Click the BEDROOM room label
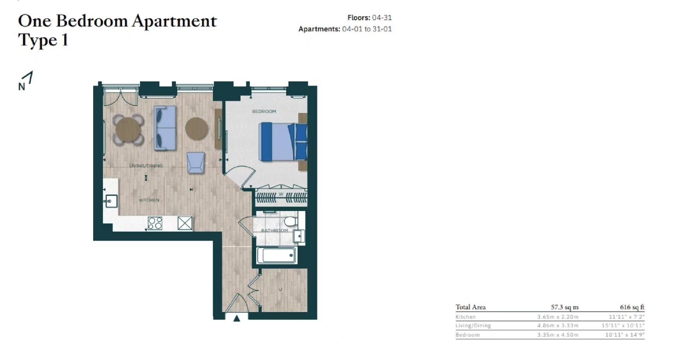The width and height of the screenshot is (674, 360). pos(264,111)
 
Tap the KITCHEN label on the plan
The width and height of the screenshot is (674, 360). pos(149,200)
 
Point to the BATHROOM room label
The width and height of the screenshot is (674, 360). pos(275,230)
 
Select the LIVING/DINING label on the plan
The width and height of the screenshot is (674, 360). pos(146,165)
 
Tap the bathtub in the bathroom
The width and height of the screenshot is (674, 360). pos(276,255)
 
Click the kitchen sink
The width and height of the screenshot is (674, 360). pos(111,201)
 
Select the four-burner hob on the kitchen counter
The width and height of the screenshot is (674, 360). pos(155,223)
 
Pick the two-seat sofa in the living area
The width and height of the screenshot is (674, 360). pos(165,128)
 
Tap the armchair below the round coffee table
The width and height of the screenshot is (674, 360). pos(196,162)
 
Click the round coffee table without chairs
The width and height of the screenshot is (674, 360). pos(197,129)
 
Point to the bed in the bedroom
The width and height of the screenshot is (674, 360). pos(283,142)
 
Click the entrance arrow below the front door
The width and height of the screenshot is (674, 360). pos(237,318)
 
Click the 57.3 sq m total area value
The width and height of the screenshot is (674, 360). pos(565,307)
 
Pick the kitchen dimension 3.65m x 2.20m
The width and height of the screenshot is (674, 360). pos(558,317)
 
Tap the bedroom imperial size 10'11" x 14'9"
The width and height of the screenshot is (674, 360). pos(625,335)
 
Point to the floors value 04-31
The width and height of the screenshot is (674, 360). pos(382,18)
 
